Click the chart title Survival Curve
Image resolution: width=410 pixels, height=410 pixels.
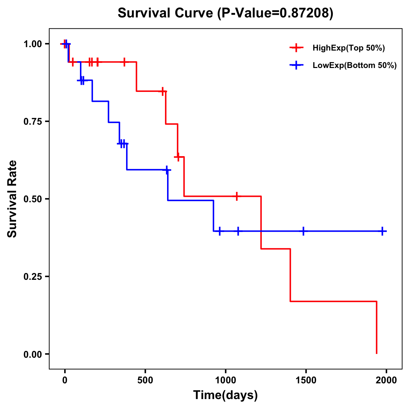166,13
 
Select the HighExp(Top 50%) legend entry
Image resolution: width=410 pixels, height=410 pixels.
348,48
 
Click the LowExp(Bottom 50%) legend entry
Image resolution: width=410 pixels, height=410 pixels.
354,66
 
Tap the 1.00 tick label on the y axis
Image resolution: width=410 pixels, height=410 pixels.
32,44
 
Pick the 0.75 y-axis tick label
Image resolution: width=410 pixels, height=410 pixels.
32,122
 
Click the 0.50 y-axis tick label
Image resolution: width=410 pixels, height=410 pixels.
32,199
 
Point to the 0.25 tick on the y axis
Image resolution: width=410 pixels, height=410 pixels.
32,277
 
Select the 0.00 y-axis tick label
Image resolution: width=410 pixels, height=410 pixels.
32,354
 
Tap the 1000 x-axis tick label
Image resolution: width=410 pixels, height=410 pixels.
225,380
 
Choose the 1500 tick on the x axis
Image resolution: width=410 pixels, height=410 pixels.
306,380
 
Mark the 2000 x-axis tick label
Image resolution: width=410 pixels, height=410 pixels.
386,380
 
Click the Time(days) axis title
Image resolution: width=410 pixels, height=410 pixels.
225,395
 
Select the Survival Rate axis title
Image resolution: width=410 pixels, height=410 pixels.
12,199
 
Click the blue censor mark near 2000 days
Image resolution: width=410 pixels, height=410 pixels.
382,231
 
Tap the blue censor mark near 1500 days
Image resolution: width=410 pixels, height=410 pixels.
303,231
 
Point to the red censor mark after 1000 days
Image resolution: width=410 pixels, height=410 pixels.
236,196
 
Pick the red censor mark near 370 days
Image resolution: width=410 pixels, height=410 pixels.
124,62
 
